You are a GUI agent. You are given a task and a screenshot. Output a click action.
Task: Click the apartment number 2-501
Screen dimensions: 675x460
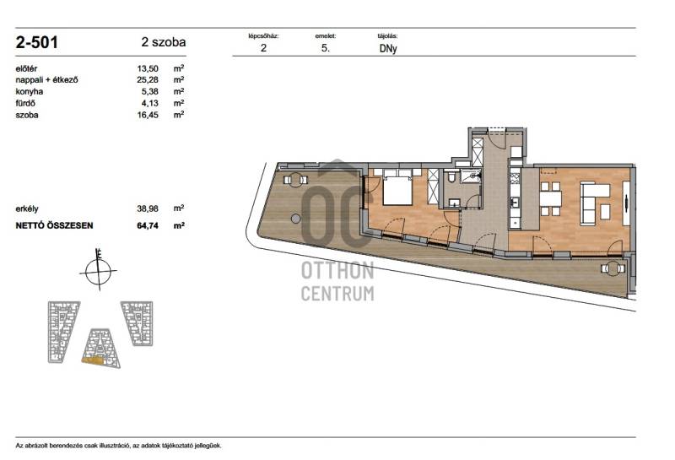click(x=36, y=42)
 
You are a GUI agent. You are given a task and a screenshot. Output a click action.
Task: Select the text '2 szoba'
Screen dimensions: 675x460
click(x=164, y=42)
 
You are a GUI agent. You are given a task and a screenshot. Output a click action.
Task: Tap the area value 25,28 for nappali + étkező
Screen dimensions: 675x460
click(x=148, y=79)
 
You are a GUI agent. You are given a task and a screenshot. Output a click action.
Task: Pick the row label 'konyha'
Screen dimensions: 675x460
click(x=30, y=91)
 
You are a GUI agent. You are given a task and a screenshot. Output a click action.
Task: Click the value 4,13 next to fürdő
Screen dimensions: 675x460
click(x=149, y=103)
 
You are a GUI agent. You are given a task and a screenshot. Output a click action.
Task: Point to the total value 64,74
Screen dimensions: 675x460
click(x=148, y=225)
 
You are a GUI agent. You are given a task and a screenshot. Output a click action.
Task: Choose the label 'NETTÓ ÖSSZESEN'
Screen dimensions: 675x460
click(x=54, y=225)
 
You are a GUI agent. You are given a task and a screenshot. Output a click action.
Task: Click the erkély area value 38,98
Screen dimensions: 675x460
click(x=148, y=208)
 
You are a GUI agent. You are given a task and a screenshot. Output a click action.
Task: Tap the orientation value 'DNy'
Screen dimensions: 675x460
click(x=388, y=49)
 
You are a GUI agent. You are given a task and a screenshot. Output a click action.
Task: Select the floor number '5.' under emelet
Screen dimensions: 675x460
click(x=326, y=48)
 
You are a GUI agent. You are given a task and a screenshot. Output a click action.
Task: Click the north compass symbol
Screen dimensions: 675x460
click(x=99, y=271)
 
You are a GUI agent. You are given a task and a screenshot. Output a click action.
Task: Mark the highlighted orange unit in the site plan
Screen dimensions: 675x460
click(x=93, y=360)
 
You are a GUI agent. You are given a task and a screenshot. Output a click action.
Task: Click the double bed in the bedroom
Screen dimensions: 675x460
click(x=397, y=187)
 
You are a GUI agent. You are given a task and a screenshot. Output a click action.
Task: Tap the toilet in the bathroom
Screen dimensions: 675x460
click(x=451, y=176)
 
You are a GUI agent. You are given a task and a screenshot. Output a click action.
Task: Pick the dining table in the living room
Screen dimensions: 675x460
click(x=551, y=198)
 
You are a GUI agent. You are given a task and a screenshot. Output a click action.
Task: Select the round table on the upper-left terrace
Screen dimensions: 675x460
click(x=295, y=180)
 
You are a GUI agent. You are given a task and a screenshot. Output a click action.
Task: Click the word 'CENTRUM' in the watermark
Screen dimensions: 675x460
click(x=337, y=294)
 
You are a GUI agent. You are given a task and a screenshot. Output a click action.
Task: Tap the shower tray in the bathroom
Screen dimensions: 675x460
click(x=470, y=176)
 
